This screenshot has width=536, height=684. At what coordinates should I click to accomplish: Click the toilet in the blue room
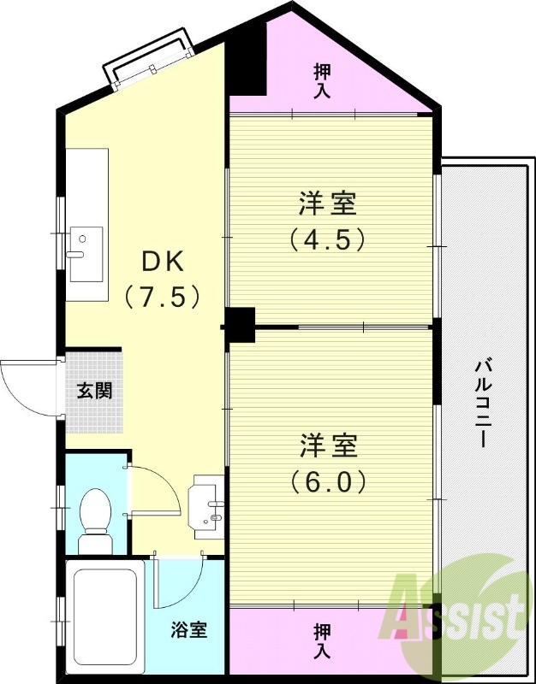[x=95, y=521]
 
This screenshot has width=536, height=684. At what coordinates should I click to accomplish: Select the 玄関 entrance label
[x=95, y=391]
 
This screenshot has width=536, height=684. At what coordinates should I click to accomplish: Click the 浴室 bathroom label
[x=188, y=629]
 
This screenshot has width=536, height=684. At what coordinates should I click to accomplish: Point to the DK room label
[x=161, y=262]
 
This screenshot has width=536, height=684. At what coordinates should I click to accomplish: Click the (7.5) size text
[x=162, y=297]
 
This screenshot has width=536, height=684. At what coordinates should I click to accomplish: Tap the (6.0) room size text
[x=328, y=481]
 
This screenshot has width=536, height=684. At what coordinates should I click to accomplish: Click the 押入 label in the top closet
[x=322, y=81]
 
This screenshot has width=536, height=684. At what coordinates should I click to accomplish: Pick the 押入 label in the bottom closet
[x=322, y=640]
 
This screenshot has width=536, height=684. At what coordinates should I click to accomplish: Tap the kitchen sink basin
[x=86, y=254]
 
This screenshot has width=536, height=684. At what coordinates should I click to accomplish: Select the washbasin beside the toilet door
[x=205, y=506]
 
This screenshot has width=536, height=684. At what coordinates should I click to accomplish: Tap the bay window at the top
[x=148, y=60]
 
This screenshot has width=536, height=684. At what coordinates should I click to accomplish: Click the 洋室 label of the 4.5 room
[x=328, y=203]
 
